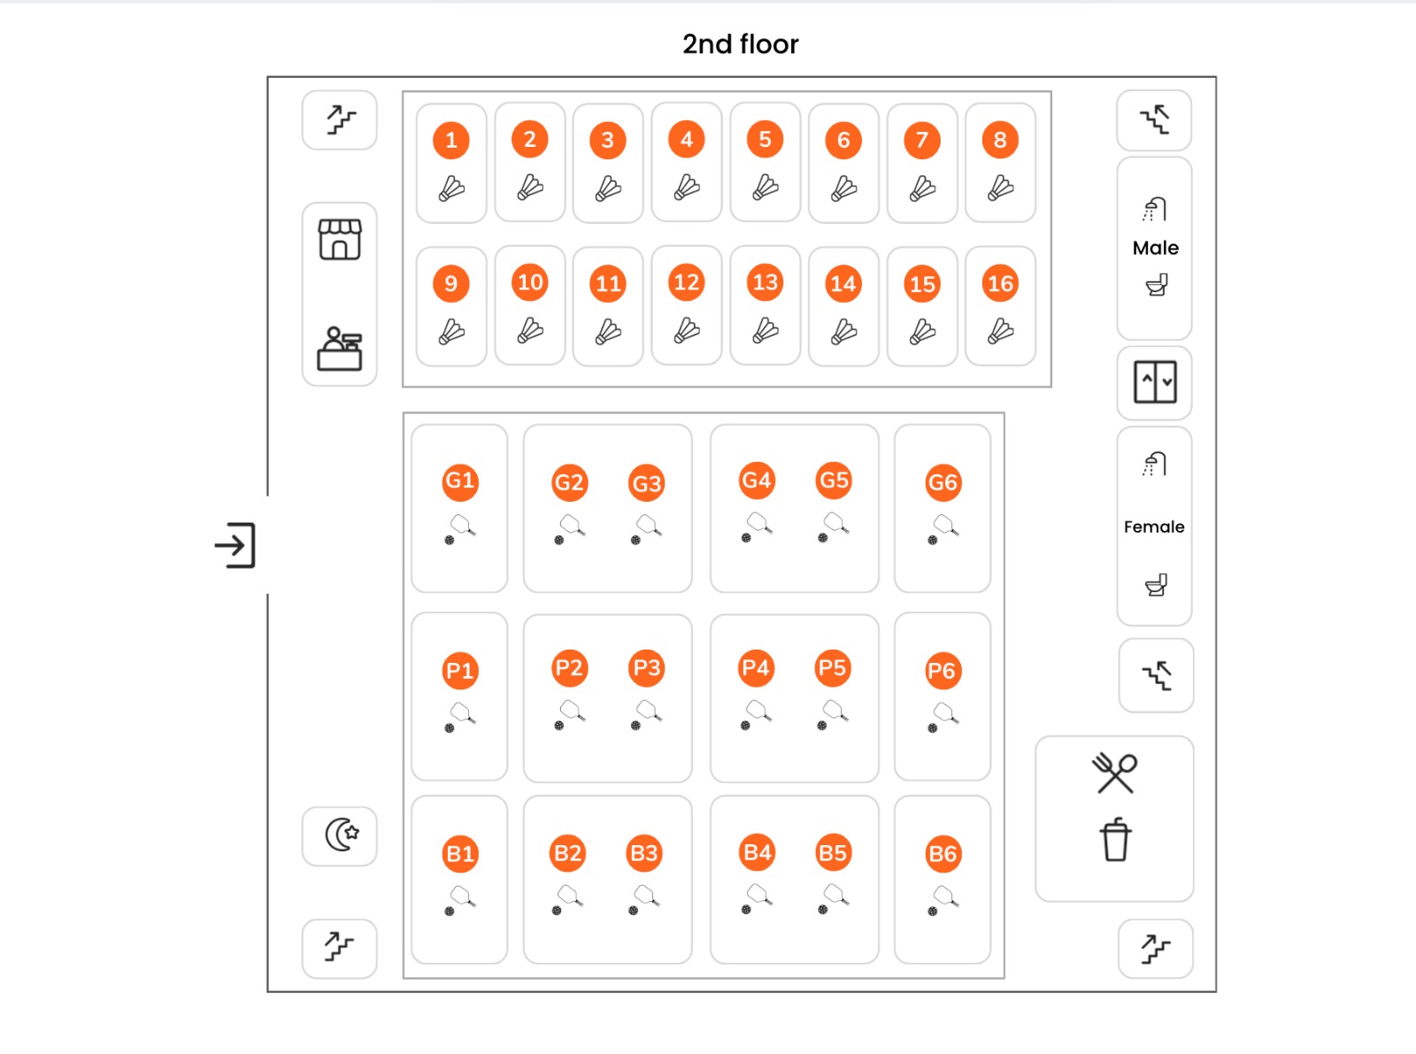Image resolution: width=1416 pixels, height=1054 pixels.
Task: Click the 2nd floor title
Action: (x=740, y=44)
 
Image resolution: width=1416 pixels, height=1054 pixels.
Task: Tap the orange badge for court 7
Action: (x=922, y=140)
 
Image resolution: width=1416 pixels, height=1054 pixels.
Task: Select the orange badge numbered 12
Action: (x=686, y=282)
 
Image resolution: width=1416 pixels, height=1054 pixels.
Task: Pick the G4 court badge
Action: (x=757, y=480)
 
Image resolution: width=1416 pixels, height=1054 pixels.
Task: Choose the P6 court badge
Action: (x=943, y=670)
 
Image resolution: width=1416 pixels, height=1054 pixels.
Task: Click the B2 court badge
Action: (x=567, y=853)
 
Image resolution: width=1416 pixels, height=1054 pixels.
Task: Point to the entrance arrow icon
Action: (x=235, y=545)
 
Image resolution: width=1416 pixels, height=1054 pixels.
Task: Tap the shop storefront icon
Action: (x=340, y=240)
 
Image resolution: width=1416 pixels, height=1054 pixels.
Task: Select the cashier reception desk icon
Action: (x=340, y=349)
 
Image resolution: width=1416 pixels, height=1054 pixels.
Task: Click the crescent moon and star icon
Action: (x=342, y=835)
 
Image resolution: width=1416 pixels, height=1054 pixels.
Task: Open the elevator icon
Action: (x=1155, y=381)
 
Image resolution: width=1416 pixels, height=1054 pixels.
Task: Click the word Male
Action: (x=1156, y=248)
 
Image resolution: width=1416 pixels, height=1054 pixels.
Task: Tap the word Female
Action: (x=1154, y=527)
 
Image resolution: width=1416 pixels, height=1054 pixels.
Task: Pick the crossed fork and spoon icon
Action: (x=1115, y=773)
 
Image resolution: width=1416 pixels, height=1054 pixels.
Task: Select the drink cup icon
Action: (x=1115, y=840)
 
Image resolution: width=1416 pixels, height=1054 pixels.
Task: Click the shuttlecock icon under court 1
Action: (x=451, y=189)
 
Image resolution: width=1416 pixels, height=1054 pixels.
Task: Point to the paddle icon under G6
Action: (x=943, y=529)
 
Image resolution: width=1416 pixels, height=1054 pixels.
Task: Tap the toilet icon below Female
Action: (x=1156, y=584)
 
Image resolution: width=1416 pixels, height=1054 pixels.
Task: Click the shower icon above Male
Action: (x=1154, y=210)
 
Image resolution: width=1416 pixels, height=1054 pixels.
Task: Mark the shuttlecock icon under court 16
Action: (x=1000, y=331)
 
